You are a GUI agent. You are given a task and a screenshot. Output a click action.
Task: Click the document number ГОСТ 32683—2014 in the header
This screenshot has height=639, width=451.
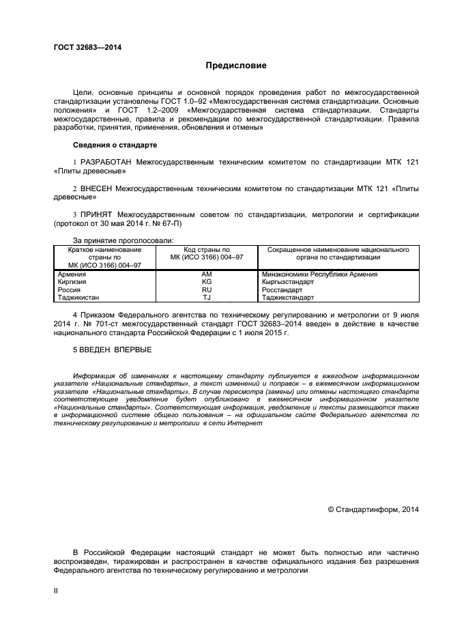pyautogui.click(x=83, y=48)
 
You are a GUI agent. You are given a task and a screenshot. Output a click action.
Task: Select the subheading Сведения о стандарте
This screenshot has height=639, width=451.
pyautogui.click(x=115, y=145)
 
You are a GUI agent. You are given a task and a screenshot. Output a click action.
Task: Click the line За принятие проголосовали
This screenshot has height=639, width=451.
pyautogui.click(x=123, y=240)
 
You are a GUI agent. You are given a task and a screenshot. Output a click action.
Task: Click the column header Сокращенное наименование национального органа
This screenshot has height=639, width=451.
pyautogui.click(x=338, y=253)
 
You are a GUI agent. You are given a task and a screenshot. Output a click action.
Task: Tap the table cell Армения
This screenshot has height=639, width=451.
pyautogui.click(x=72, y=274)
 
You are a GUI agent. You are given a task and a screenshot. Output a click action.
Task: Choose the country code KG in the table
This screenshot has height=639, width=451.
pyautogui.click(x=207, y=282)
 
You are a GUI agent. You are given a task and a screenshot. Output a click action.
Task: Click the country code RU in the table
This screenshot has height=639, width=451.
pyautogui.click(x=207, y=290)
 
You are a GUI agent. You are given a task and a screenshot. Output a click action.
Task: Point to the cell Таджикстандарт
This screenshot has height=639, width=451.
pyautogui.click(x=287, y=298)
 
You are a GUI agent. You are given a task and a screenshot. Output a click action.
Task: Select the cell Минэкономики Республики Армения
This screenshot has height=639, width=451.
pyautogui.click(x=319, y=274)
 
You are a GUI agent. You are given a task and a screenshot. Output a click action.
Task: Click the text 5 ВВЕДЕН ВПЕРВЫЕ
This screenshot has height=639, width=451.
pyautogui.click(x=113, y=350)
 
